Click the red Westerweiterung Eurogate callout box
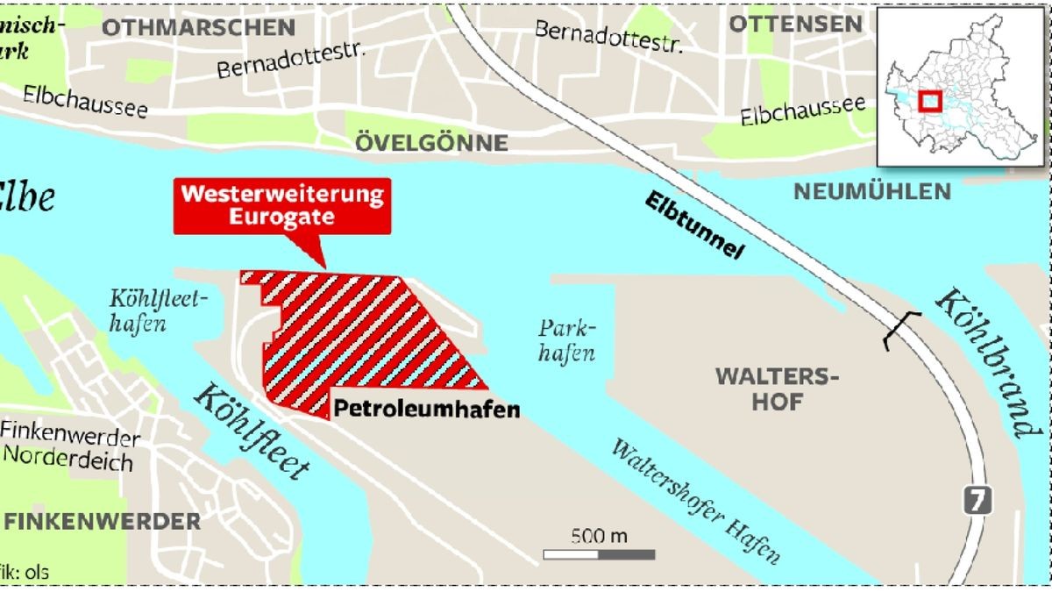pos(281,206)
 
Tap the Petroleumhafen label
pos(425,409)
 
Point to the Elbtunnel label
pos(693,224)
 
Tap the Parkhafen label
pos(566,341)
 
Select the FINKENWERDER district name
pos(103,522)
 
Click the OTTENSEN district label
pos(795,24)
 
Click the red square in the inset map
pos(928,102)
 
